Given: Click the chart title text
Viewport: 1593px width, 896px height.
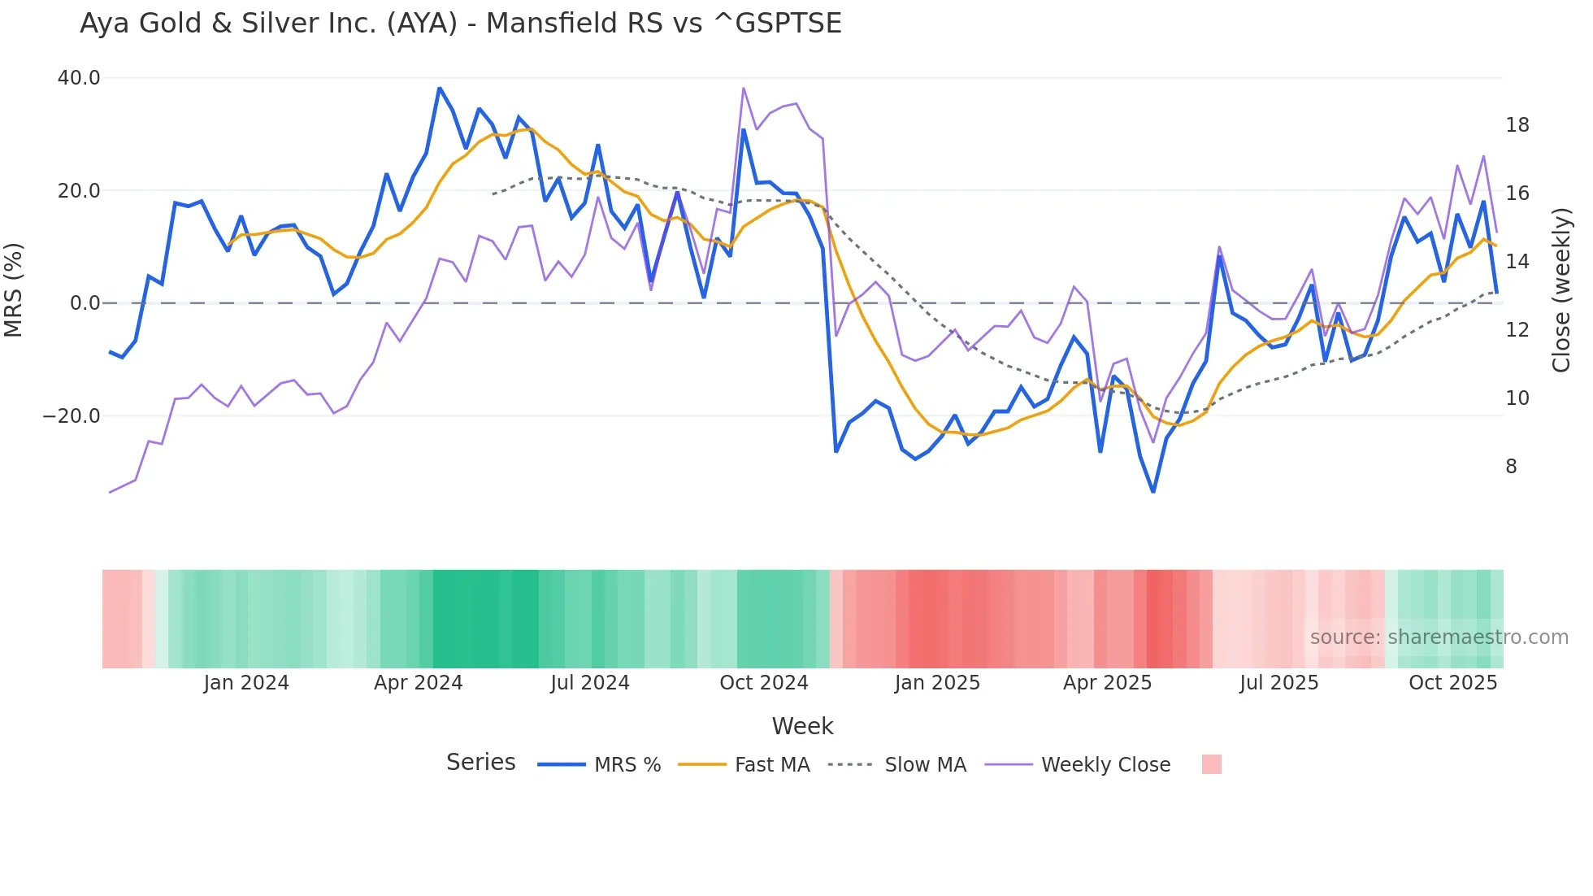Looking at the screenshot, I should [460, 24].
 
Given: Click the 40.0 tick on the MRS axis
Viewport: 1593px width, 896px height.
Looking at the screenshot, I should [79, 78].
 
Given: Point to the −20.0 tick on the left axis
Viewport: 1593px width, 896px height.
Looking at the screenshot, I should [72, 416].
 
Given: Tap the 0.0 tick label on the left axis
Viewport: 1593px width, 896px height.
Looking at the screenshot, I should [85, 303].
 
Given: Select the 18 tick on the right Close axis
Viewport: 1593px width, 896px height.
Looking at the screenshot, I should [1517, 125].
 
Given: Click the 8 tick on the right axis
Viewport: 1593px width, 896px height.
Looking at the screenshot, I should [1511, 467].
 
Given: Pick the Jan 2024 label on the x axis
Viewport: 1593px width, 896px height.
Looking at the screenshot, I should [245, 683].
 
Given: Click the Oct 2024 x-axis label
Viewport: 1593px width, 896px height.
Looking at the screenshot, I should [763, 683].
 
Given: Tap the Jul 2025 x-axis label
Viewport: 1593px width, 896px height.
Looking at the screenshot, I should [1278, 683].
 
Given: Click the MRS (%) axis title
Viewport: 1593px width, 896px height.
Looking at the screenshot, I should [14, 289].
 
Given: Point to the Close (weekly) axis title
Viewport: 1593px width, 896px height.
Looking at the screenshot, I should [1560, 290].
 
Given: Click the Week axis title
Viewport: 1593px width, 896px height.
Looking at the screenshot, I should [802, 726].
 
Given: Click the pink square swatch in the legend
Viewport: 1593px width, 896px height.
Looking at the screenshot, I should [1211, 764].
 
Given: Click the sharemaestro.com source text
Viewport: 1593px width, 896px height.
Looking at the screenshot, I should [1439, 637].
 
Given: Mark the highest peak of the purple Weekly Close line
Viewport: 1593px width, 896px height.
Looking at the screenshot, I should [744, 88].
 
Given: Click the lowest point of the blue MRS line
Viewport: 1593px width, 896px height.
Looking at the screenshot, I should [1153, 491].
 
